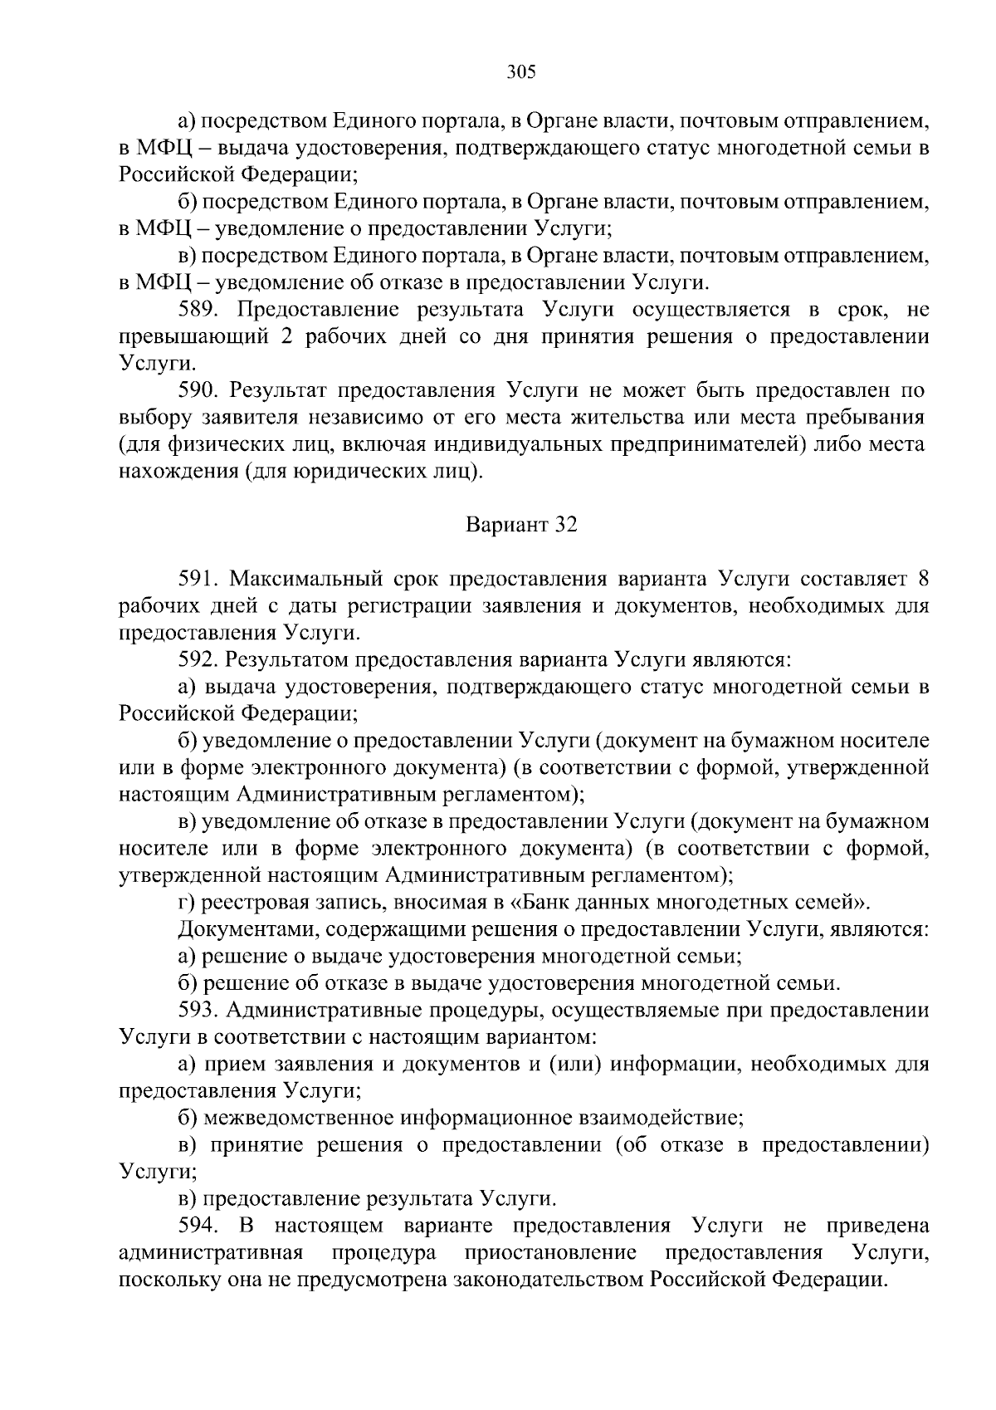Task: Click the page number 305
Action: point(521,72)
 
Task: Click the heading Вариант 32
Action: point(521,525)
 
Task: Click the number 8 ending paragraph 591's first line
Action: point(922,579)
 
